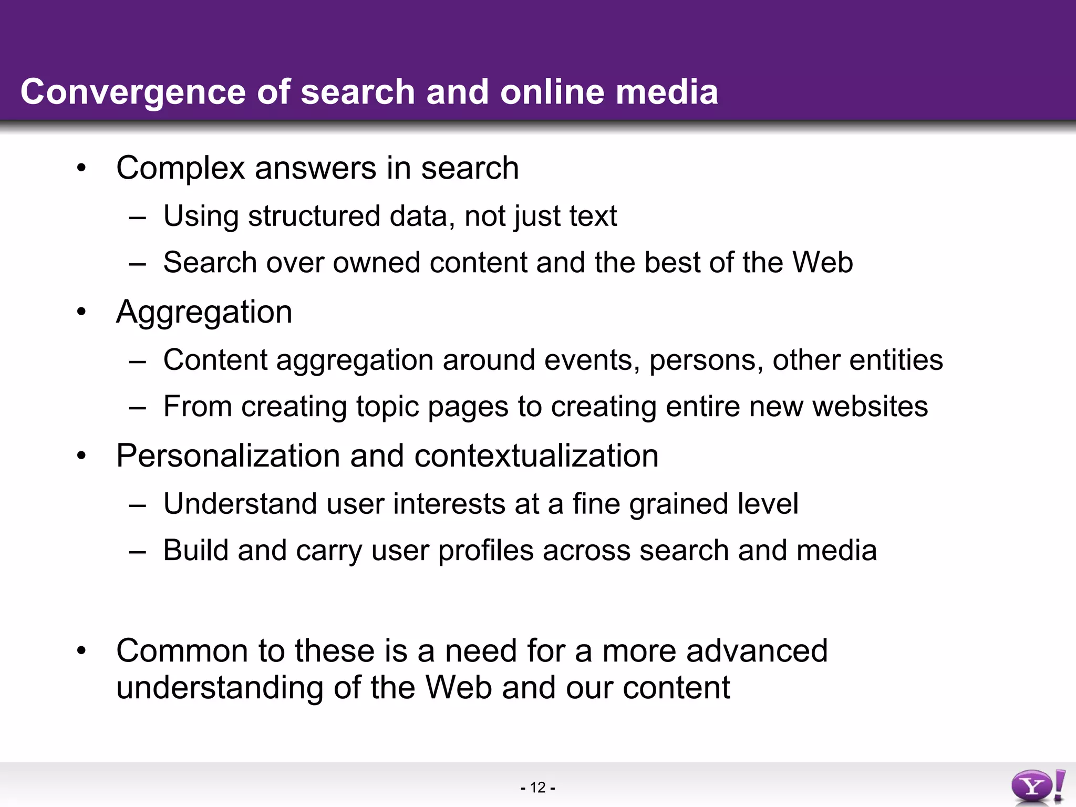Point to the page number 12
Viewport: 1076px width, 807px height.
[538, 788]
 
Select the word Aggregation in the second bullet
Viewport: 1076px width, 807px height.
[204, 313]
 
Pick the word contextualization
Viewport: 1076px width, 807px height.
[536, 456]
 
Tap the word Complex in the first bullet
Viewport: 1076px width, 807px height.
[181, 169]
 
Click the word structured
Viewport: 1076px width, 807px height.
[314, 216]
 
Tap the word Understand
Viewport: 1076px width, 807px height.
[240, 504]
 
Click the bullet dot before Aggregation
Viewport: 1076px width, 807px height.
[81, 313]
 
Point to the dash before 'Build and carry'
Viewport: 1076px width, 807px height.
[137, 552]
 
